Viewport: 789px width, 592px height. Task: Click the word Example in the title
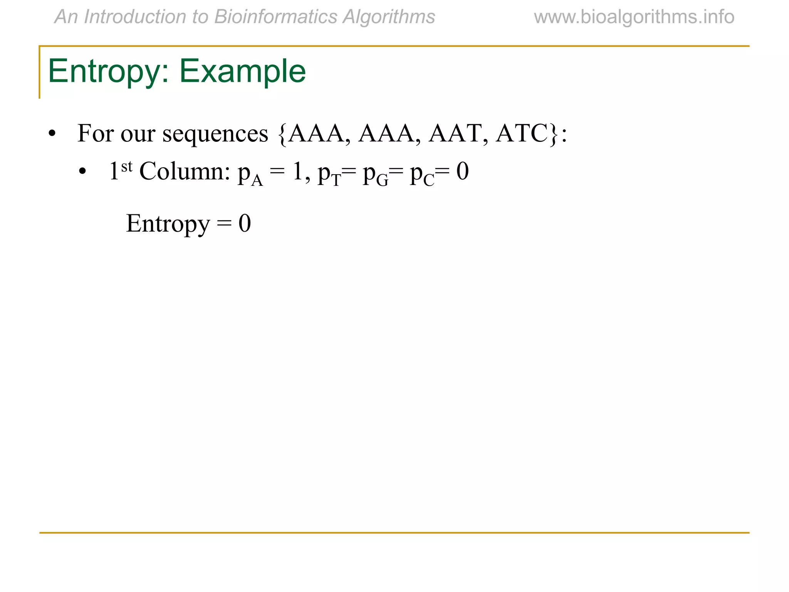242,71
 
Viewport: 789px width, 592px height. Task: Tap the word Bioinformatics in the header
276,17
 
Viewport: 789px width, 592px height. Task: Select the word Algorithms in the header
389,17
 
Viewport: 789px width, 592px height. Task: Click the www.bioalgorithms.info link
634,17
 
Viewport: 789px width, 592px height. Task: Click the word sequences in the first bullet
215,134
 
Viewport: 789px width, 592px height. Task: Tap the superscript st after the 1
127,166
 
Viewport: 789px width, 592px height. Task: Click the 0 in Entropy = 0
245,224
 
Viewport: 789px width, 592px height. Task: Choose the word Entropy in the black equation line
168,224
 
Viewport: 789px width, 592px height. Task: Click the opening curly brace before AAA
282,134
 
